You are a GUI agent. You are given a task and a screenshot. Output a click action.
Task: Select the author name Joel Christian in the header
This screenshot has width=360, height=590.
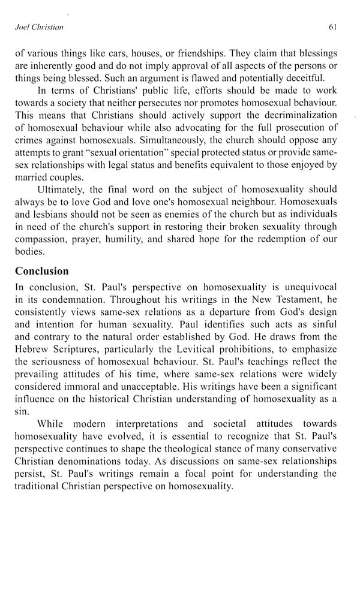pyautogui.click(x=38, y=27)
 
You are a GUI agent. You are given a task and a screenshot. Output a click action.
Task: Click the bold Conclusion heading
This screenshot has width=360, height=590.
pyautogui.click(x=42, y=271)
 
